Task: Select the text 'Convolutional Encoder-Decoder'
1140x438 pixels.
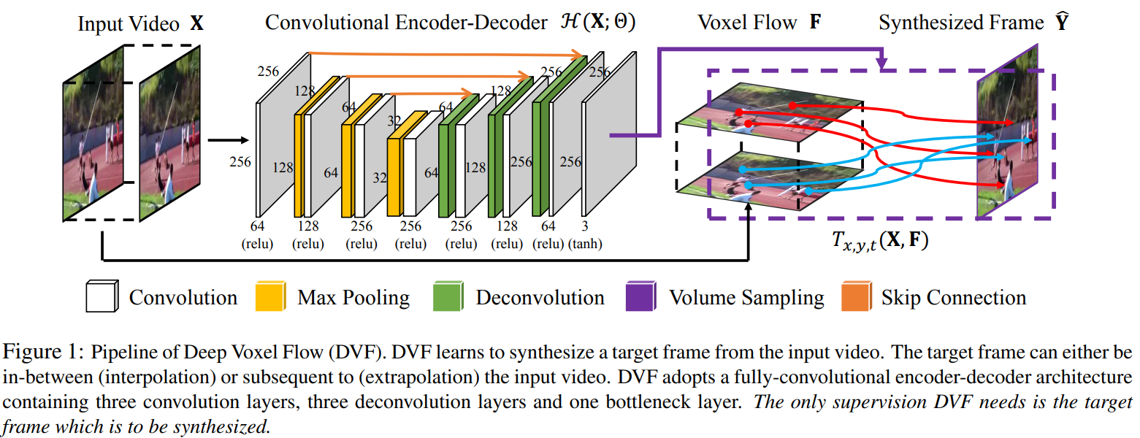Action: [x=405, y=23]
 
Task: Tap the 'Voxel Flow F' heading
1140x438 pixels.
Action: [x=759, y=23]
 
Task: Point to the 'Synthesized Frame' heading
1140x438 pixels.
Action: [x=961, y=23]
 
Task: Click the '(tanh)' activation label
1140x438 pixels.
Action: [x=586, y=244]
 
